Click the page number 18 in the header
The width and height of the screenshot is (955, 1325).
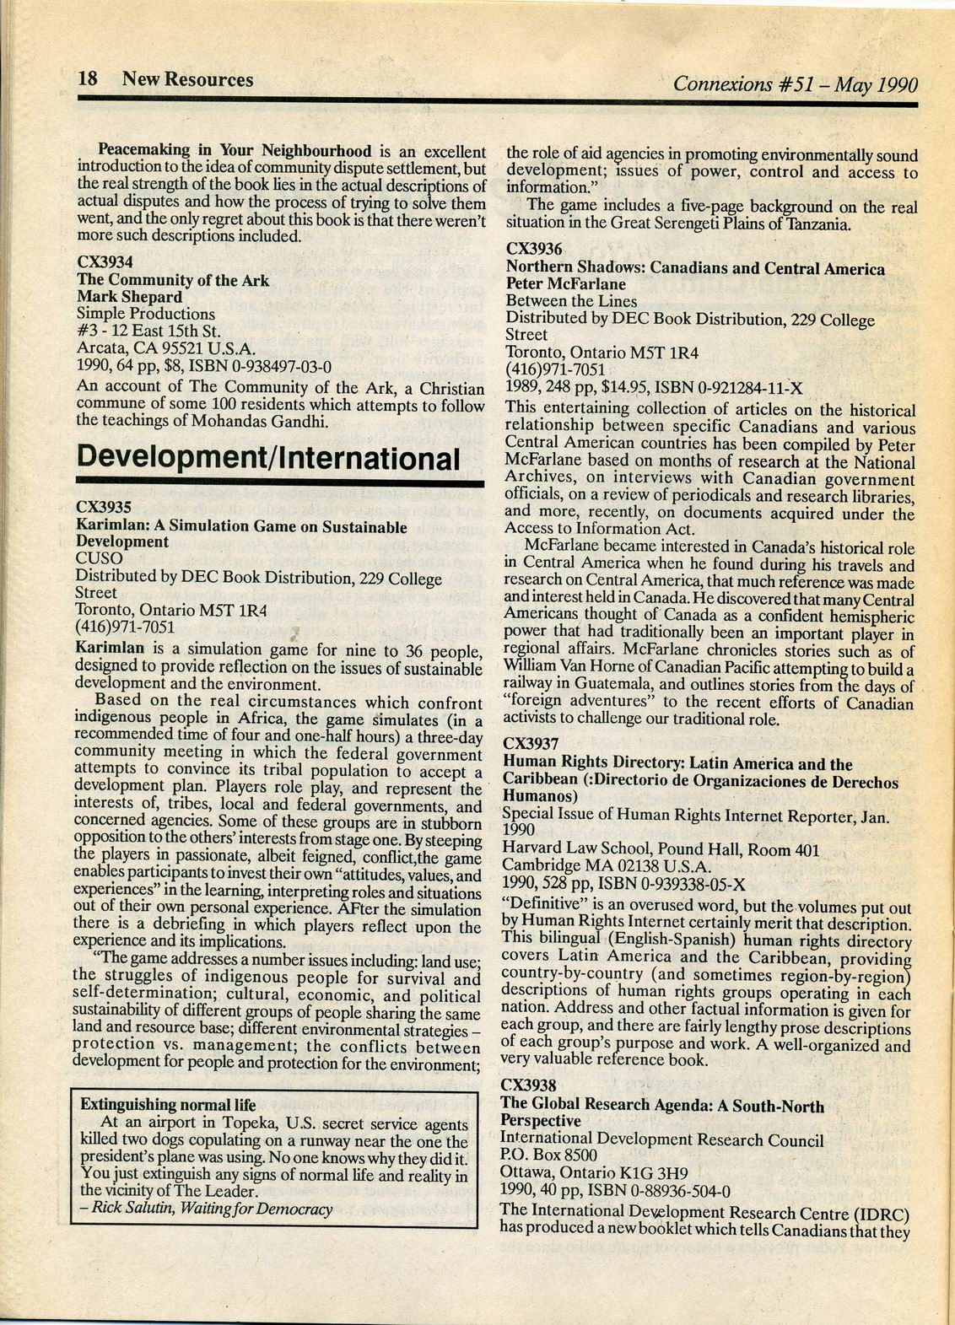pyautogui.click(x=88, y=79)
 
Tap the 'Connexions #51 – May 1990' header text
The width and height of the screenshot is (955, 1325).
pyautogui.click(x=795, y=84)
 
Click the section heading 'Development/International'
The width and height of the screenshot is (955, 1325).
pyautogui.click(x=268, y=459)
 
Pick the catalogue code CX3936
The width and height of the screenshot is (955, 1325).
pyautogui.click(x=534, y=249)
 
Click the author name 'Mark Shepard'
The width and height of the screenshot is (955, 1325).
pyautogui.click(x=129, y=296)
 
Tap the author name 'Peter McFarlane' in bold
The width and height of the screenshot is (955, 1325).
pyautogui.click(x=565, y=284)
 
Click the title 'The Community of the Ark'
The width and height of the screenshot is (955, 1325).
pyautogui.click(x=173, y=279)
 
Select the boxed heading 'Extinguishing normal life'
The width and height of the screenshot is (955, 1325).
pyautogui.click(x=168, y=1104)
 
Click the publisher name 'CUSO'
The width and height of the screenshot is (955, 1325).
pyautogui.click(x=99, y=558)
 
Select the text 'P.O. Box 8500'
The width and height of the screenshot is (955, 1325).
pyautogui.click(x=548, y=1155)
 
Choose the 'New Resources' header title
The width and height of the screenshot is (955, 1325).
pyautogui.click(x=187, y=79)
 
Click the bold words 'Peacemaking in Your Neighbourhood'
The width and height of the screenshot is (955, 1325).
pyautogui.click(x=235, y=151)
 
